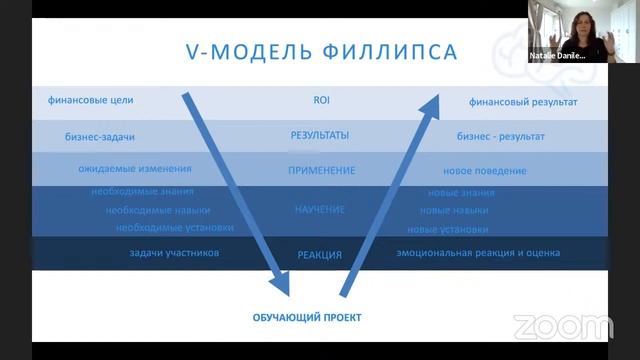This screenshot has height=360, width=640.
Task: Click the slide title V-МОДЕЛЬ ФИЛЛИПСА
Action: click(323, 51)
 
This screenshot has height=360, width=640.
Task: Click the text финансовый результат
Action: click(523, 102)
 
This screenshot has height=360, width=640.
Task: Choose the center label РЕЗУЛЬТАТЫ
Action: click(319, 134)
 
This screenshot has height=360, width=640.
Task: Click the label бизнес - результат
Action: click(501, 135)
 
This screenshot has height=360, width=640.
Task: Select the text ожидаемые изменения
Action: click(135, 169)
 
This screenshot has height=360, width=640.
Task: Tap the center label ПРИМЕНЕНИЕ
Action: click(321, 170)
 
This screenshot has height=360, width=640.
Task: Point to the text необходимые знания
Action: click(143, 191)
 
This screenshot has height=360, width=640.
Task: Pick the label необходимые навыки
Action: click(158, 210)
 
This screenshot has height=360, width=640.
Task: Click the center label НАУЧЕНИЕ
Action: click(319, 210)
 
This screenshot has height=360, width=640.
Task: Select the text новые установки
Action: click(446, 229)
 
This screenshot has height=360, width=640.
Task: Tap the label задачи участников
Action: click(174, 253)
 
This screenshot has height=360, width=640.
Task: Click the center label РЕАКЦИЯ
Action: click(319, 254)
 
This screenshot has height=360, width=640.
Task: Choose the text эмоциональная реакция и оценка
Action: click(478, 253)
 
